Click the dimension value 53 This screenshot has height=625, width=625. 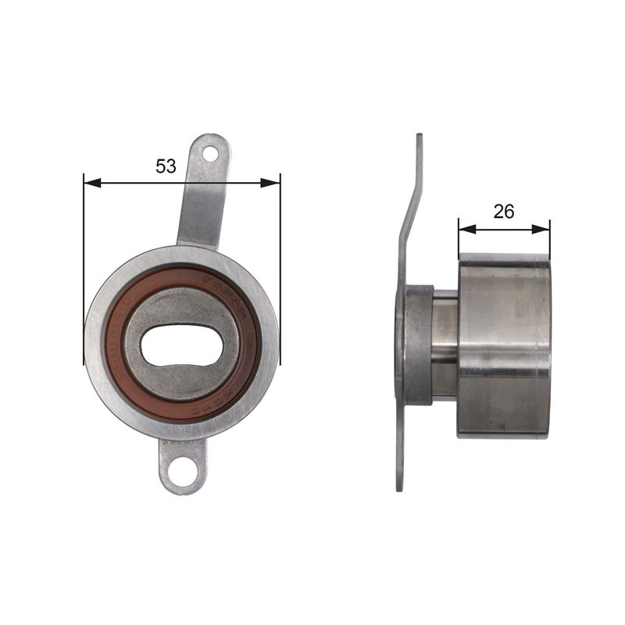point(166,166)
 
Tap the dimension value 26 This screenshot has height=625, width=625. point(504,211)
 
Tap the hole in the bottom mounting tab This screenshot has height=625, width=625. point(184,471)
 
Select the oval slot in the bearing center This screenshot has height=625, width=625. point(184,345)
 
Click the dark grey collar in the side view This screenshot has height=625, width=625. point(418,344)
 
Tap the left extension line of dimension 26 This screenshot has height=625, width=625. point(458,242)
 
